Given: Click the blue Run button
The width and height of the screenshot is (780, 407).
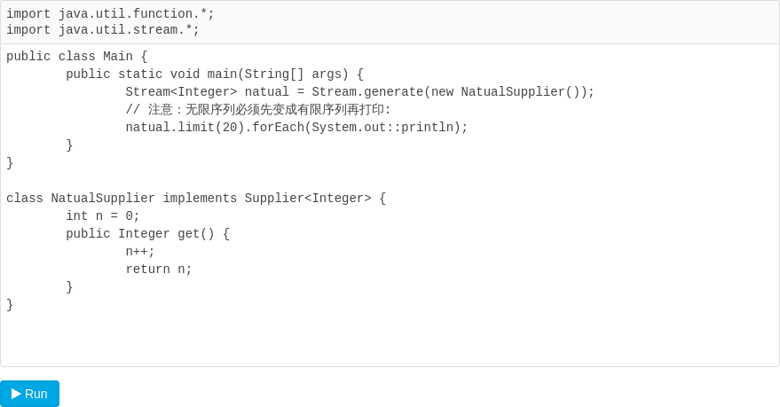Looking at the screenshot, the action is (30, 394).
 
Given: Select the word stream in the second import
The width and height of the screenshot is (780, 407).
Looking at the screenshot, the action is (155, 30).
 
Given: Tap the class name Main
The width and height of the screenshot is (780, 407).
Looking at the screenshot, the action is (118, 56).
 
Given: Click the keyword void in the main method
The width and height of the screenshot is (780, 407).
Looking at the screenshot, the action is (185, 74).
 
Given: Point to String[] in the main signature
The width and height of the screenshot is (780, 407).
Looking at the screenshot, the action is (274, 74).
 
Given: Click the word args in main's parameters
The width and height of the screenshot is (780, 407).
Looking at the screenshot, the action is (327, 74).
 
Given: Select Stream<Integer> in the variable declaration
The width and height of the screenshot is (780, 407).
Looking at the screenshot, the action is (181, 92).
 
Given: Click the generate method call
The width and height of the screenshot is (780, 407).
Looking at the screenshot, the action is (393, 92).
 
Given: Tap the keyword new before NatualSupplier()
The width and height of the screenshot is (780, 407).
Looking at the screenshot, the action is (442, 92).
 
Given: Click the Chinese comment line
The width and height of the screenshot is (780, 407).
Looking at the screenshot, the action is (258, 110).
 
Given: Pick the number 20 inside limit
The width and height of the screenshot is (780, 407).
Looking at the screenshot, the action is (229, 127).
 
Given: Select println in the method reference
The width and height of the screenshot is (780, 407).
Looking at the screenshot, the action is (427, 127).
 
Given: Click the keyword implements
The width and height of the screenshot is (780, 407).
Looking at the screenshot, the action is (200, 199).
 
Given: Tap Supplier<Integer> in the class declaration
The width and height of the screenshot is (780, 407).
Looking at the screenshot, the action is (307, 199).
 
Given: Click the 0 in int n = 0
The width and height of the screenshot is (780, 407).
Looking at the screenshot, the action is (129, 216).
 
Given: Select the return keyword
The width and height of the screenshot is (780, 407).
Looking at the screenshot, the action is (147, 270).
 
